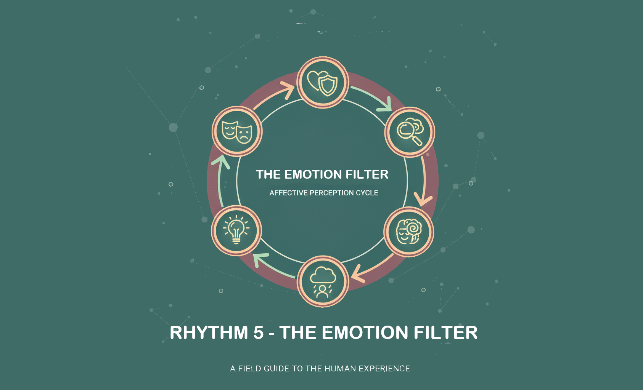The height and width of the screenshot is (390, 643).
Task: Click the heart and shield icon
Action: (322, 83)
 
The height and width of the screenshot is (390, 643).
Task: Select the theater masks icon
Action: (237, 132)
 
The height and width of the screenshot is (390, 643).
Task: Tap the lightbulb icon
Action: (236, 230)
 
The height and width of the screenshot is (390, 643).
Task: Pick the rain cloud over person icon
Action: (323, 282)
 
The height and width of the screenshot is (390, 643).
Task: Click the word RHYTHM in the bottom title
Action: (209, 332)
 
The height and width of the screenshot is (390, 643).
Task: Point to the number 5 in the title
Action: (258, 332)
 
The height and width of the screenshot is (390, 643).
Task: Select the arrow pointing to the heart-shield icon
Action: (273, 96)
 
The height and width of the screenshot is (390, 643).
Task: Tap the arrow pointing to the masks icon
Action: (220, 181)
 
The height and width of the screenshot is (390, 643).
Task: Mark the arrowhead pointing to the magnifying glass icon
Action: (385, 105)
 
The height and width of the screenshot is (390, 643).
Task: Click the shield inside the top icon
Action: (328, 85)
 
